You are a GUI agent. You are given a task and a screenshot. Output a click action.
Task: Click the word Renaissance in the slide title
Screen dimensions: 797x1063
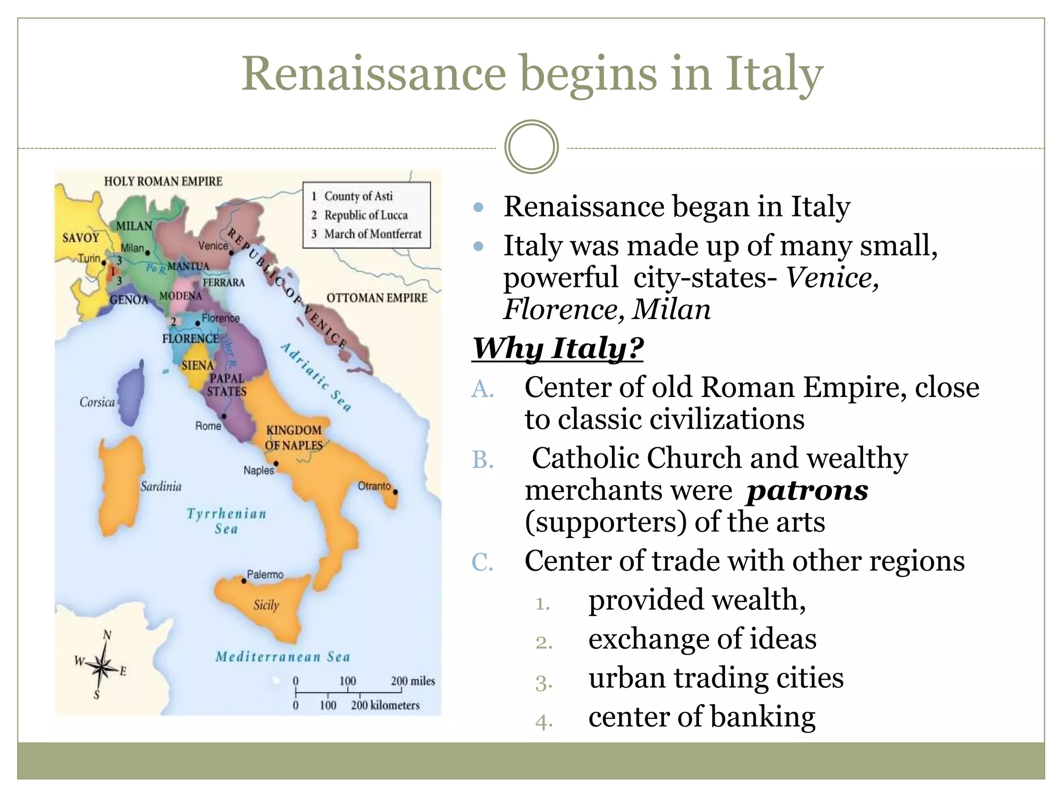[x=373, y=73]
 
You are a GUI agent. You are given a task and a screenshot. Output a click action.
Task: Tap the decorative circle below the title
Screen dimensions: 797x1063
[x=531, y=147]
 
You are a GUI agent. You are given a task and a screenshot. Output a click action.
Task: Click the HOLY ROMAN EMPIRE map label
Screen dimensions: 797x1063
[x=163, y=182]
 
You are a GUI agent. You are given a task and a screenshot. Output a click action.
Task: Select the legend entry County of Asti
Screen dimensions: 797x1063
[x=358, y=196]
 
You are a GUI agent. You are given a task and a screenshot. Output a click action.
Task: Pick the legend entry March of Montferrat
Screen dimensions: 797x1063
[x=373, y=234]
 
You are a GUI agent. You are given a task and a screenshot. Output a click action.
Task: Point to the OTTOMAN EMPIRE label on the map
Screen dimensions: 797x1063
[x=377, y=298]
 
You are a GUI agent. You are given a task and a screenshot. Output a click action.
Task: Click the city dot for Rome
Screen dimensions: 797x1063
[x=224, y=416]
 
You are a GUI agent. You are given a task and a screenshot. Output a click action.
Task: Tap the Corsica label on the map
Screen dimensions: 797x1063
[x=97, y=402]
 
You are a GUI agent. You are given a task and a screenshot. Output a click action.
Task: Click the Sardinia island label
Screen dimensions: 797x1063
[x=161, y=486]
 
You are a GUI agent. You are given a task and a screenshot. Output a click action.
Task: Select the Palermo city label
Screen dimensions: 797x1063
[x=265, y=574]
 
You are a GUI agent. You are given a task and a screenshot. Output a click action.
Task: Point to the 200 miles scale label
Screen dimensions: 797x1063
[x=413, y=681]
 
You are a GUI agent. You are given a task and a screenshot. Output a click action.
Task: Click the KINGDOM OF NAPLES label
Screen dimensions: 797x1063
[x=294, y=437]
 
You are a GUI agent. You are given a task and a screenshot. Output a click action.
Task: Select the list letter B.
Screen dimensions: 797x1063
[x=482, y=460]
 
